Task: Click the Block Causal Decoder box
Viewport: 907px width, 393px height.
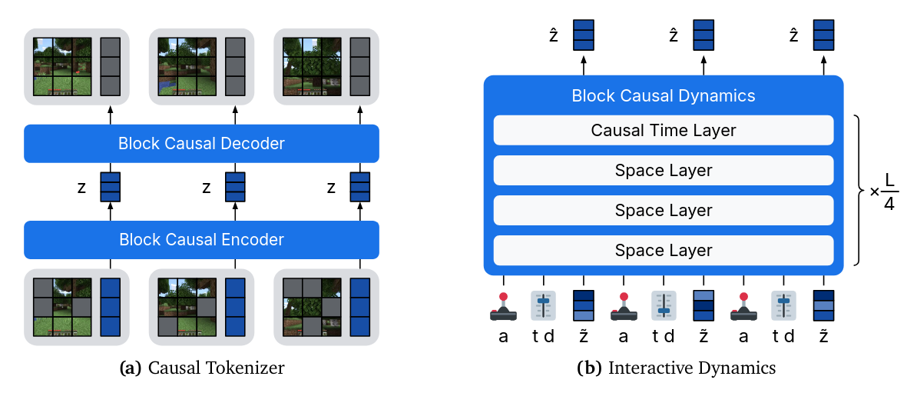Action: pos(201,144)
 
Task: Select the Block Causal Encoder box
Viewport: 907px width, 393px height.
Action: pos(201,240)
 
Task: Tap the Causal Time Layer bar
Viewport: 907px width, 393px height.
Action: pos(664,131)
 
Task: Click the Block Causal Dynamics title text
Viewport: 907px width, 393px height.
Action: pos(664,96)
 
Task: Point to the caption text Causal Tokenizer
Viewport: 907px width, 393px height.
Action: pos(202,368)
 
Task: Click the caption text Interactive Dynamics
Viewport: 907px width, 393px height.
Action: pos(677,368)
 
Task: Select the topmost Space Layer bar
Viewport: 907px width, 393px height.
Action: pos(664,171)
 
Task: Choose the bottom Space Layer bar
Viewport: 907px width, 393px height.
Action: pos(664,251)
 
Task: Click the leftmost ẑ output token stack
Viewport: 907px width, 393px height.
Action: pos(583,35)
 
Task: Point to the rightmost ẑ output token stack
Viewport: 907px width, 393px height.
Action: pos(823,35)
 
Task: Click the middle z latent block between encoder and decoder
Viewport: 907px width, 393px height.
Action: pos(234,187)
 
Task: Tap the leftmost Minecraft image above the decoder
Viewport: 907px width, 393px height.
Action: pos(62,66)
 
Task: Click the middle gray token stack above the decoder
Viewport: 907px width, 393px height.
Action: pos(235,66)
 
